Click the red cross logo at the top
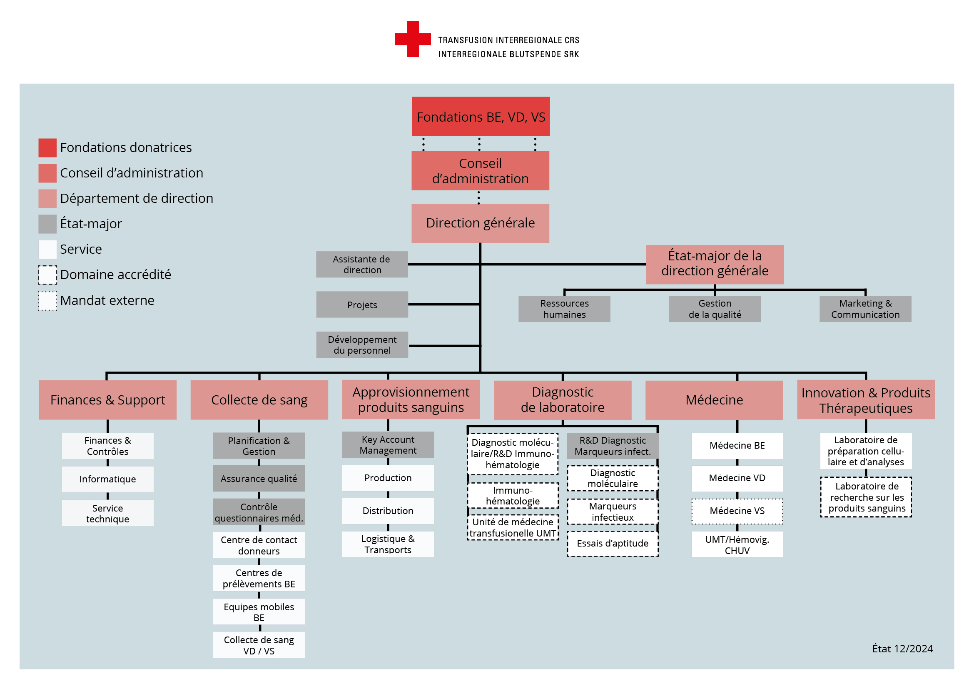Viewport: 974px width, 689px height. point(413,39)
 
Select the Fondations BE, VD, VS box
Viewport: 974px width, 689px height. point(481,117)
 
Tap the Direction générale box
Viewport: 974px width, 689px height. point(480,223)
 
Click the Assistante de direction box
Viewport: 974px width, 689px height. point(362,265)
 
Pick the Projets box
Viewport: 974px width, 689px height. point(362,305)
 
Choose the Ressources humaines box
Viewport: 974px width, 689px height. point(564,309)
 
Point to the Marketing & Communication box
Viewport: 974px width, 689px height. point(865,309)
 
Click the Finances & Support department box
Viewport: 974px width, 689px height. point(108,400)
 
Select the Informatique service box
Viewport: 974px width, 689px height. point(108,479)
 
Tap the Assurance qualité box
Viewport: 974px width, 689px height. point(259,479)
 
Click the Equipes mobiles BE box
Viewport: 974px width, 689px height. point(259,612)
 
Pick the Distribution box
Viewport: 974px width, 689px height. point(388,511)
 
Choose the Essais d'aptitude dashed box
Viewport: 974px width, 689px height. point(613,544)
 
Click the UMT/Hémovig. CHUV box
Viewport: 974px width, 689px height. point(737,545)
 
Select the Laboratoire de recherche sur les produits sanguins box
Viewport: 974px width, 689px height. point(866,497)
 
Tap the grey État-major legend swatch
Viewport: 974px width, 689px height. point(47,224)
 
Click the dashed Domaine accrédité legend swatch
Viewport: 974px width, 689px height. point(47,275)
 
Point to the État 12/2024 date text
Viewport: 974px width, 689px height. point(902,649)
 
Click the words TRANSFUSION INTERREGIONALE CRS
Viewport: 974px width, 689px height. point(508,40)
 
